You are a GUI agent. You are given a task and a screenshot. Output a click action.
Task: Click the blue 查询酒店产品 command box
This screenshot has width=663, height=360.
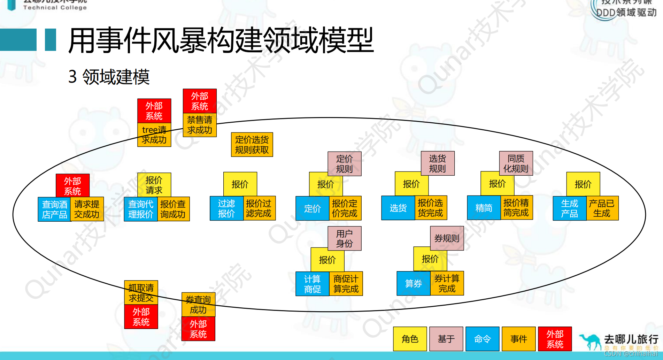point(54,209)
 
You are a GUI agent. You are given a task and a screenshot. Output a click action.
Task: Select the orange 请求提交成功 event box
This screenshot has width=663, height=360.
point(87,209)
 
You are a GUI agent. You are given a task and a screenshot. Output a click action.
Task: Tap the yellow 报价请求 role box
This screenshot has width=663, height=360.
point(154,185)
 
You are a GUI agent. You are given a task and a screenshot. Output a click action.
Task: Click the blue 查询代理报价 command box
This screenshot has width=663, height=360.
point(141,209)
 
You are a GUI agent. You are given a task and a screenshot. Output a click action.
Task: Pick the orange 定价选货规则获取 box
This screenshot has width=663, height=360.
point(252,145)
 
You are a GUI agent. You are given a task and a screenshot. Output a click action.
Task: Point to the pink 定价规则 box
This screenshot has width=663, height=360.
point(344,164)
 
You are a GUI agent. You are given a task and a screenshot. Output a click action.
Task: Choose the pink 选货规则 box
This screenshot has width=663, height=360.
point(437,163)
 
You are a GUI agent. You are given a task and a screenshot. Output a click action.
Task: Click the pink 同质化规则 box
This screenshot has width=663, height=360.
point(516,163)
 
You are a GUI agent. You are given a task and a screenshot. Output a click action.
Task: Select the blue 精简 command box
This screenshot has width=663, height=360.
point(484,208)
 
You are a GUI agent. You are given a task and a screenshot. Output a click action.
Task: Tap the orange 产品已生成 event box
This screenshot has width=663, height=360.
point(602,208)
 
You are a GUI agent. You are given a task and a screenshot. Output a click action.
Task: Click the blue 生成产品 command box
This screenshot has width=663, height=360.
point(569,208)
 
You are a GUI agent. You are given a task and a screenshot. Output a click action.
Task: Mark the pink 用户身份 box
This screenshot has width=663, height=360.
point(344,239)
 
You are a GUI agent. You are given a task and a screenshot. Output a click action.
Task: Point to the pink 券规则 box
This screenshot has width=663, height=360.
point(447,238)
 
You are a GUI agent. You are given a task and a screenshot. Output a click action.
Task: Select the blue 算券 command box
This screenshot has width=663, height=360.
point(414,284)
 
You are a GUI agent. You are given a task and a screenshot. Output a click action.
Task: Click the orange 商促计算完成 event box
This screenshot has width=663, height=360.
point(346,284)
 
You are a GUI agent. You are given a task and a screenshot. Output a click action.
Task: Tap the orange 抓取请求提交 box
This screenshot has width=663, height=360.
point(141,292)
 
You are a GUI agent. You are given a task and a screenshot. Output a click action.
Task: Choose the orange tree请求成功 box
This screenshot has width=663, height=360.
point(154,135)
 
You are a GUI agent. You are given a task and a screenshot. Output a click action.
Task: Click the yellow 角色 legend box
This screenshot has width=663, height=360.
point(410,339)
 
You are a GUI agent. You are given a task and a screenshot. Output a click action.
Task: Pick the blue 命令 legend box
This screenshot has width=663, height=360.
point(482,339)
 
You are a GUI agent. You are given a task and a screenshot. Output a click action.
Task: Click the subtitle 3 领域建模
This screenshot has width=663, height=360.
point(109,77)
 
